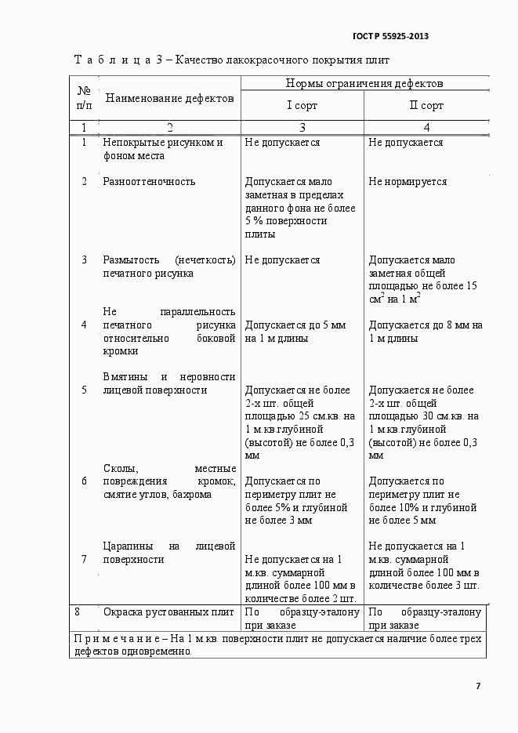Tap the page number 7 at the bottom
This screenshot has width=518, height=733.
click(478, 686)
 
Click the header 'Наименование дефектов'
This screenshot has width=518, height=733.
click(169, 99)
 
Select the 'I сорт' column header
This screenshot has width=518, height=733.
click(302, 105)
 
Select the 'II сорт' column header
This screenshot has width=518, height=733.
click(426, 105)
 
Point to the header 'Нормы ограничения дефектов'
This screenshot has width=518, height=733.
click(364, 82)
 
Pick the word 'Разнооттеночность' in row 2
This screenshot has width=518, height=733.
click(149, 182)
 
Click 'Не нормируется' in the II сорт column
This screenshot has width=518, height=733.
click(408, 182)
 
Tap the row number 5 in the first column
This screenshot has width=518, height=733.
click(84, 390)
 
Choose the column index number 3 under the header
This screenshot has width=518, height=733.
click(302, 127)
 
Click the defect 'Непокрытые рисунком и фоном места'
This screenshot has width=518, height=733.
click(162, 149)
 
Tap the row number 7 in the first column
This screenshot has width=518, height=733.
click(84, 559)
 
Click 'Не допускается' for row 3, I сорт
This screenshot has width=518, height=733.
click(282, 260)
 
